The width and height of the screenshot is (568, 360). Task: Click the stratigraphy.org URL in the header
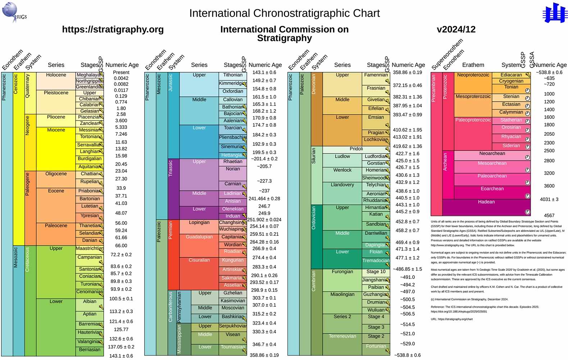pos(113,30)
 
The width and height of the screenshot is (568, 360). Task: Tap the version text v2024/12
pos(456,30)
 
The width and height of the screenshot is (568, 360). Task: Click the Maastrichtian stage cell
pos(89,249)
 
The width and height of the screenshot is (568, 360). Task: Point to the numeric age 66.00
pos(121,246)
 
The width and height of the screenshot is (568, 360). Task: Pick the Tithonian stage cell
pos(233,75)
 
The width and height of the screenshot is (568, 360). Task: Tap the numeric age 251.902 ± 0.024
pos(264,220)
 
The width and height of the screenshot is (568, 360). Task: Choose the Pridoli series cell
pos(356,149)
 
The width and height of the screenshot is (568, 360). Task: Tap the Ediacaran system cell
pos(511,75)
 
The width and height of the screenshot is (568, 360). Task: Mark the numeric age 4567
pos(549,215)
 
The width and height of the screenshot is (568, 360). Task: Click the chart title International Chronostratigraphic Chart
pos(284,13)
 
